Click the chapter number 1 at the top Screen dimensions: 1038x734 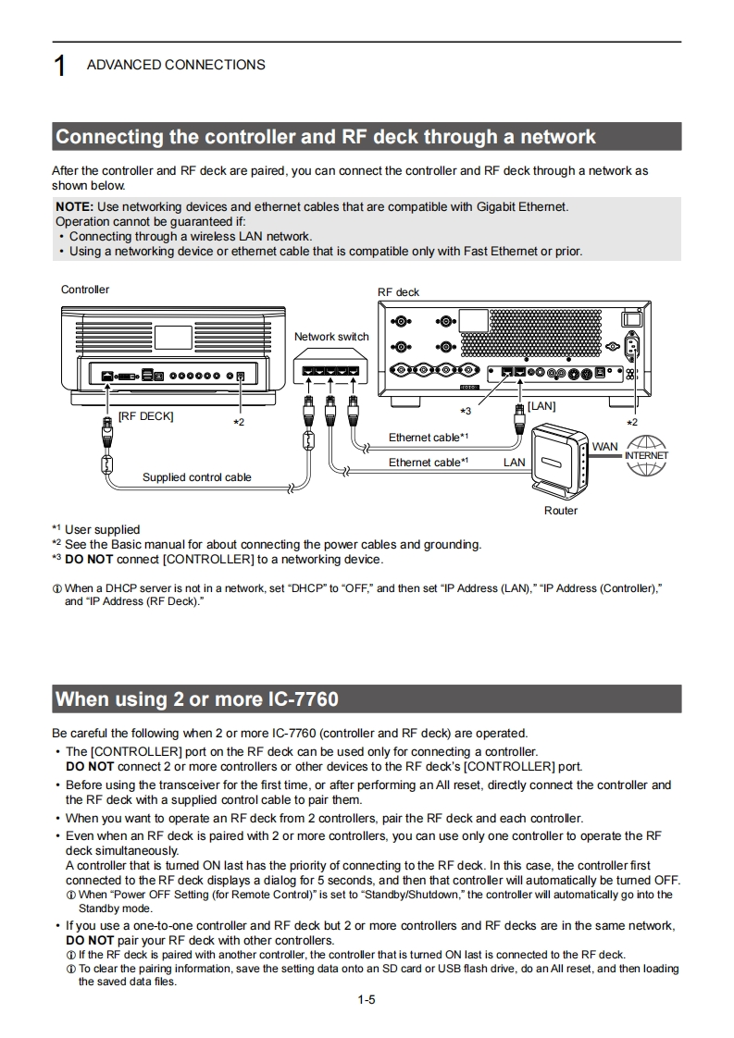[60, 67]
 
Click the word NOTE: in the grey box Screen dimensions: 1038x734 [75, 206]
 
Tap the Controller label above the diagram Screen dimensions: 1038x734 [85, 290]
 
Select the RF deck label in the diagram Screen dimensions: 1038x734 [398, 292]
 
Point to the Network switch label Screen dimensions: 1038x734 [331, 337]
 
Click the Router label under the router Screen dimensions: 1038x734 [560, 511]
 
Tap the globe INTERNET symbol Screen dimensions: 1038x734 [646, 455]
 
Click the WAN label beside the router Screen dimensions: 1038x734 [604, 447]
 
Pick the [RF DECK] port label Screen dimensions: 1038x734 [145, 416]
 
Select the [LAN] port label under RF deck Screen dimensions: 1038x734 [541, 406]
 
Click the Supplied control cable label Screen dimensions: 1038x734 [196, 477]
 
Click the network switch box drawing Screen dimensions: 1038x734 [330, 371]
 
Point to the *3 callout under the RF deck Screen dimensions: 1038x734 [466, 411]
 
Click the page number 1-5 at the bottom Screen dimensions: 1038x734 [367, 999]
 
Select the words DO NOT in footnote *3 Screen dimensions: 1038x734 [89, 559]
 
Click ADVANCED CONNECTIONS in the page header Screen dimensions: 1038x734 [176, 65]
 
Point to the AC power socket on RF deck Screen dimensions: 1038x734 [633, 347]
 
